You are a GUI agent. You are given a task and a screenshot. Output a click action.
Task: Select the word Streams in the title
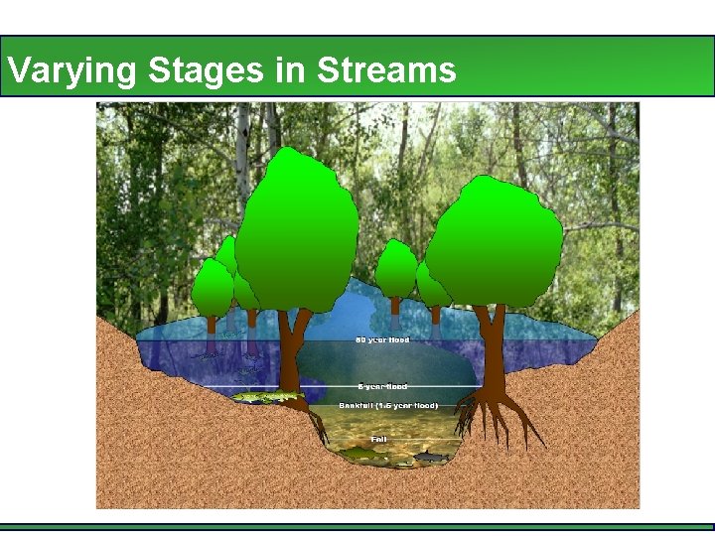pos(386,70)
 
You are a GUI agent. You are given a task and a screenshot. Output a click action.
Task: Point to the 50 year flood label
pos(382,340)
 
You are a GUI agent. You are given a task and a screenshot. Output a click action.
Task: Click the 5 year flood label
pos(382,386)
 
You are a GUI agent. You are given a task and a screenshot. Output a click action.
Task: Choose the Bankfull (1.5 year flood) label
pos(388,406)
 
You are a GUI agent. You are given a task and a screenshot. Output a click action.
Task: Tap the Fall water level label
pos(379,438)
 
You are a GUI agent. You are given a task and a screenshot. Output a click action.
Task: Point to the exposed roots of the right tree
pos(497,412)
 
